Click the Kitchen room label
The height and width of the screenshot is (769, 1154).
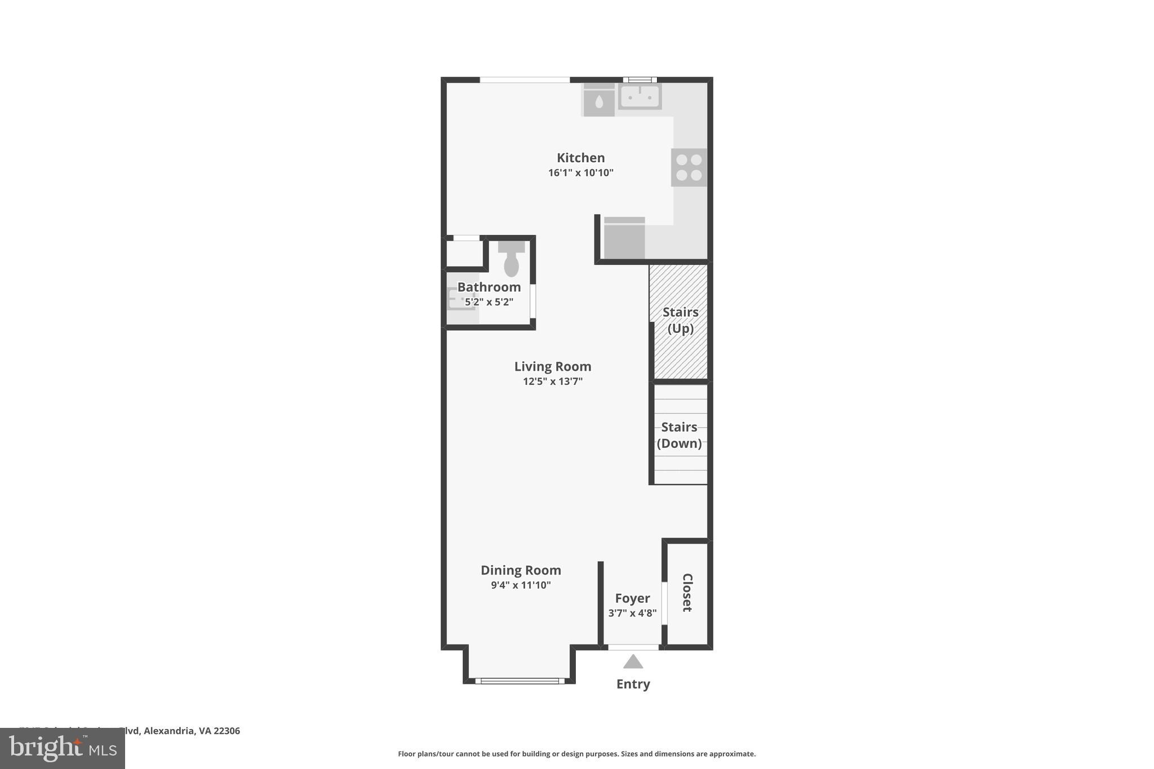click(580, 158)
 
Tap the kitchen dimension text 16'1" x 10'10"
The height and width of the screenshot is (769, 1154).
click(580, 173)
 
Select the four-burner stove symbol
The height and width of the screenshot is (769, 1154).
click(689, 167)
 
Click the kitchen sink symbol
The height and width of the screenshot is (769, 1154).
click(640, 97)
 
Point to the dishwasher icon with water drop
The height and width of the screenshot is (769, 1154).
click(598, 101)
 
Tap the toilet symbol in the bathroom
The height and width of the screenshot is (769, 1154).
click(511, 260)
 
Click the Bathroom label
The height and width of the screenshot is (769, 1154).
click(489, 287)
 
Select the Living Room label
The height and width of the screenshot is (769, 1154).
click(552, 367)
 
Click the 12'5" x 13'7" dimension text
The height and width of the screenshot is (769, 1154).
click(552, 381)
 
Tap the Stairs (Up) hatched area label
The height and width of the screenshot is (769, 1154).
click(680, 320)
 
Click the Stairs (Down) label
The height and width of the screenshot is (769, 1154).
click(679, 435)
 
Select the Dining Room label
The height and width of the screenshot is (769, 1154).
click(520, 570)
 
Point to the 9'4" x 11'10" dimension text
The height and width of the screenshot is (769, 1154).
click(520, 585)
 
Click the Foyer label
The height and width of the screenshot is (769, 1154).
click(632, 598)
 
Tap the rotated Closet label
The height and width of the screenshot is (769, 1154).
click(687, 592)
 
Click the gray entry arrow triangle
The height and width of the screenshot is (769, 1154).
click(633, 662)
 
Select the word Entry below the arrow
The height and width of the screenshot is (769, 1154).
click(633, 684)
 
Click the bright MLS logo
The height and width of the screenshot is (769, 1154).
click(63, 748)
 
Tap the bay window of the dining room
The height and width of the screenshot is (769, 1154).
click(520, 681)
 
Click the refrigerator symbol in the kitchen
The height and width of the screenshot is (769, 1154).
click(624, 238)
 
